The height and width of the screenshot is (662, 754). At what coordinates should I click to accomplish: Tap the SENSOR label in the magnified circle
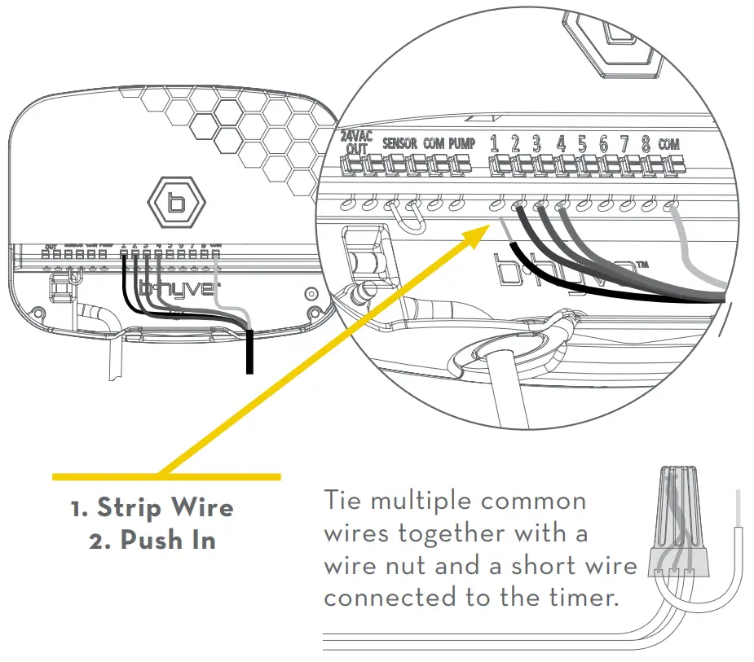399,143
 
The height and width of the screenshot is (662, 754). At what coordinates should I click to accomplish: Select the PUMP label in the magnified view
461,143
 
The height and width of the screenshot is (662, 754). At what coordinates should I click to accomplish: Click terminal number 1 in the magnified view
494,144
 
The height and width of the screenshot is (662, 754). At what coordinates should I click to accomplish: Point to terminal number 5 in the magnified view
582,144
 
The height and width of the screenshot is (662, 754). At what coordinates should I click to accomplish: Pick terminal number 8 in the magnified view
646,144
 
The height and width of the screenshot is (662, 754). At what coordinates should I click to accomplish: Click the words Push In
168,541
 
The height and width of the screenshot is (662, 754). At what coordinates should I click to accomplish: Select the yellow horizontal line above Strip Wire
166,476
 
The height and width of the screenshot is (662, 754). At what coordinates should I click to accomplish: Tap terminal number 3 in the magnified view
536,144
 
